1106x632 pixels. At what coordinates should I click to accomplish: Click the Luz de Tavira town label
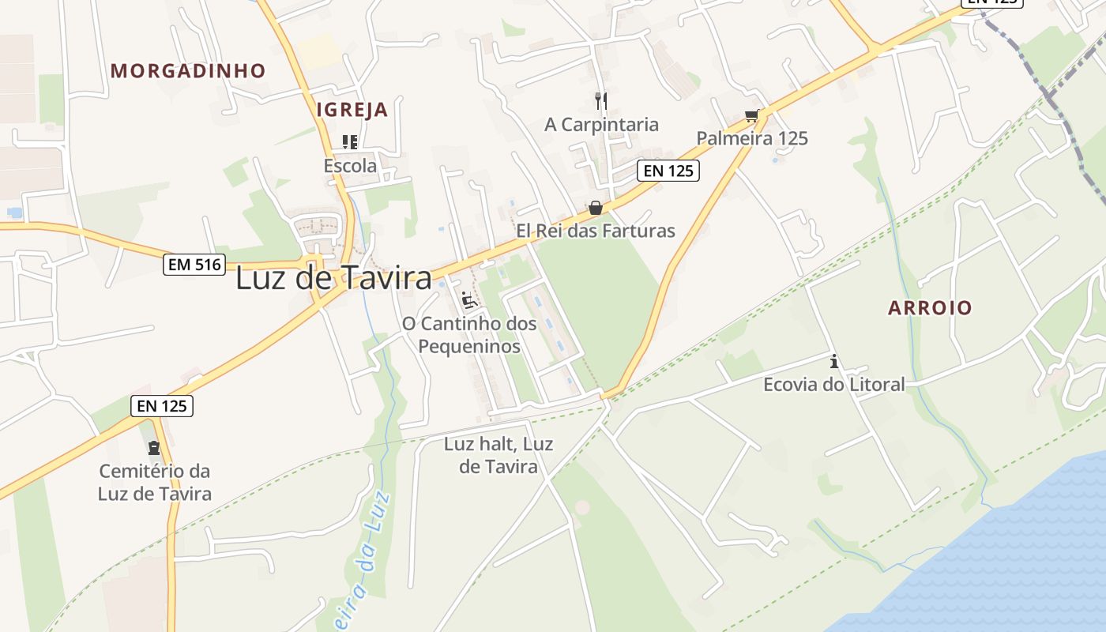[x=333, y=278]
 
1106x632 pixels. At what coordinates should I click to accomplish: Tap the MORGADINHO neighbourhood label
[x=188, y=71]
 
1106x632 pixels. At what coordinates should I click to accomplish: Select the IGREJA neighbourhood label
[x=352, y=110]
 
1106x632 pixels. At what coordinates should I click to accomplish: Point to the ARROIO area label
[x=930, y=308]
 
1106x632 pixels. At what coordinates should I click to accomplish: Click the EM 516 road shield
[x=194, y=265]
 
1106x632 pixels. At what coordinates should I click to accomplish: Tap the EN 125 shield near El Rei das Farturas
[x=668, y=170]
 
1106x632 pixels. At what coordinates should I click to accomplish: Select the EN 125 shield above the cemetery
[x=162, y=406]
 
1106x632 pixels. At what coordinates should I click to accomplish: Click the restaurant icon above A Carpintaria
[x=601, y=100]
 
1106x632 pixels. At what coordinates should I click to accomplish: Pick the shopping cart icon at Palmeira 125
[x=752, y=116]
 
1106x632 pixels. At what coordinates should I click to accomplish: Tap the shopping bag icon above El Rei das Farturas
[x=596, y=208]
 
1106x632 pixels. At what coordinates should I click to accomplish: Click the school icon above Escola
[x=350, y=142]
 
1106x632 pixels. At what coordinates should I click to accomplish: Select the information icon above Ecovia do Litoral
[x=833, y=362]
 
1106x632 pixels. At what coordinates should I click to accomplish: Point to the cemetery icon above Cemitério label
[x=154, y=448]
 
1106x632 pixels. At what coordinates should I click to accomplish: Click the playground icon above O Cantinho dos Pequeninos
[x=468, y=300]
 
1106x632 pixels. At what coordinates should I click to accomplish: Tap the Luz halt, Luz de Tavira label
[x=498, y=455]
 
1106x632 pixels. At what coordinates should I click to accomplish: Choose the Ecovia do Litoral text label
[x=833, y=385]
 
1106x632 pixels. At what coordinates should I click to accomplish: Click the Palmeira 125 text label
[x=752, y=138]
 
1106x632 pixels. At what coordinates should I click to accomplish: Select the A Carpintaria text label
[x=601, y=124]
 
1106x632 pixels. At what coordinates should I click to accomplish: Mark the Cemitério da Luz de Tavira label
[x=155, y=483]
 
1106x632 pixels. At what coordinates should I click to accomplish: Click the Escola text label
[x=350, y=166]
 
